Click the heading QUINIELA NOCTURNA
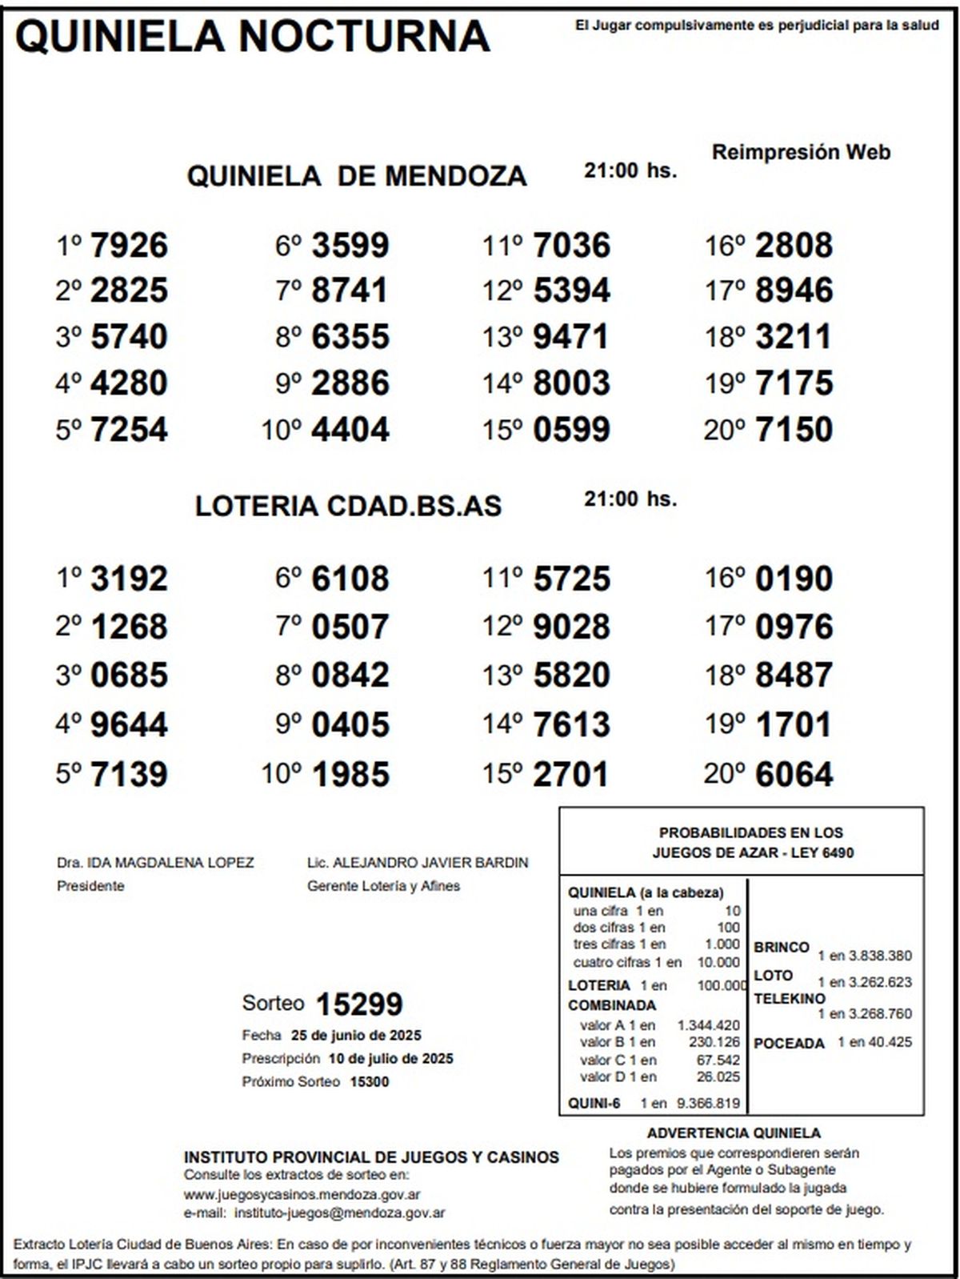pyautogui.click(x=253, y=36)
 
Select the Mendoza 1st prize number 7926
pyautogui.click(x=129, y=245)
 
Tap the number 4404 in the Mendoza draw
pyautogui.click(x=350, y=429)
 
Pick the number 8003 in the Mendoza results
pyautogui.click(x=571, y=383)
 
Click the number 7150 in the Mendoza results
pyautogui.click(x=794, y=429)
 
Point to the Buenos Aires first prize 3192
pyautogui.click(x=129, y=578)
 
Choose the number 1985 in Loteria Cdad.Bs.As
pyautogui.click(x=350, y=773)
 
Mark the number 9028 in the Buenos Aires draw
pyautogui.click(x=571, y=626)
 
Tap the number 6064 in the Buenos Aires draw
pyautogui.click(x=794, y=773)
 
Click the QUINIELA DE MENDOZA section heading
pyautogui.click(x=357, y=175)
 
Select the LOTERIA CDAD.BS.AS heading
pyautogui.click(x=348, y=506)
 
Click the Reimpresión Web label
pyautogui.click(x=801, y=152)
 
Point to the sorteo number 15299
pyautogui.click(x=359, y=1004)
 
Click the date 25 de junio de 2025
pyautogui.click(x=356, y=1035)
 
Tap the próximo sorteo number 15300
pyautogui.click(x=369, y=1081)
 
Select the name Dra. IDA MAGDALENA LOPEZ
pyautogui.click(x=155, y=862)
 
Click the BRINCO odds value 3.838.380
pyautogui.click(x=878, y=956)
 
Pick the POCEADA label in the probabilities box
pyautogui.click(x=789, y=1043)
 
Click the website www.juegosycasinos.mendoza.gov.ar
pyautogui.click(x=302, y=1194)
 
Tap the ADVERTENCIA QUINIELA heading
pyautogui.click(x=734, y=1133)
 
